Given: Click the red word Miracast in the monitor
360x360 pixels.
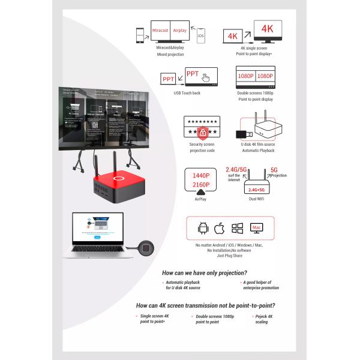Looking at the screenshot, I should pyautogui.click(x=160, y=30).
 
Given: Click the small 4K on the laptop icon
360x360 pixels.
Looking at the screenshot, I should pyautogui.click(x=233, y=36).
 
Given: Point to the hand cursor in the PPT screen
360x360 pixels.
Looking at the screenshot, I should pyautogui.click(x=206, y=77).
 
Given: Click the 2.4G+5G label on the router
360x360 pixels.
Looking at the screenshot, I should pyautogui.click(x=256, y=190).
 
